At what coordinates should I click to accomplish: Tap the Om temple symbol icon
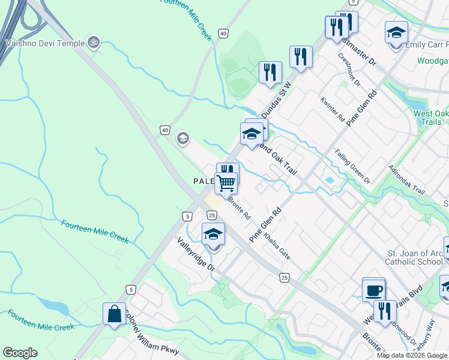[x=92, y=42]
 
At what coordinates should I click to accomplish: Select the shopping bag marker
[x=114, y=314]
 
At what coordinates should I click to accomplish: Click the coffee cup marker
[x=373, y=290]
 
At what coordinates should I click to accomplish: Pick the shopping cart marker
[x=226, y=183]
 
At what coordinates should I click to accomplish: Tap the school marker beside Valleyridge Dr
[x=213, y=235]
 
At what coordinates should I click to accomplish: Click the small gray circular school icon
[x=182, y=139]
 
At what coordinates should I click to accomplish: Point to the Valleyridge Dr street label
[x=195, y=254]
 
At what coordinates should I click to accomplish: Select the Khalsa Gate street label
[x=278, y=246]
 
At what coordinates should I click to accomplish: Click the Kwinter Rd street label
[x=332, y=108]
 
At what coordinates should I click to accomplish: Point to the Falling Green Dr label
[x=353, y=166]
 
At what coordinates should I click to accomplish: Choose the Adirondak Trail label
[x=406, y=179]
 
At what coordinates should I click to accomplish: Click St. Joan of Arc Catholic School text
[x=415, y=257]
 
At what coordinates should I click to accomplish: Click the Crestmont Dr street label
[x=349, y=70]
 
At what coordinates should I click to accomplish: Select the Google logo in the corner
[x=20, y=353]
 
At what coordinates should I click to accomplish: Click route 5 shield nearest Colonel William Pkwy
[x=130, y=290]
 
